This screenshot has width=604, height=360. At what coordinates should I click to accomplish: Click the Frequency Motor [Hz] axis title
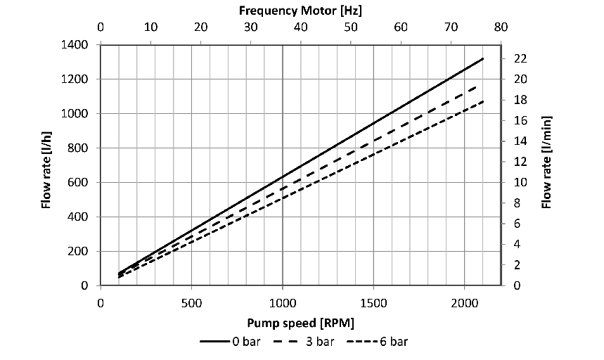300,11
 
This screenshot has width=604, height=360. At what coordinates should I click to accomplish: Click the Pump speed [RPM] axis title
300,323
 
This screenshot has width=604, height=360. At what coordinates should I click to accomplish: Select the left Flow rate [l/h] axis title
46,166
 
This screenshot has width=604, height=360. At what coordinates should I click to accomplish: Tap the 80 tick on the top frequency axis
501,28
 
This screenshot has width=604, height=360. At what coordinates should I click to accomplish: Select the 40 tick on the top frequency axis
300,28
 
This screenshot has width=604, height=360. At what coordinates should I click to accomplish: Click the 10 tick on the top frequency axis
150,28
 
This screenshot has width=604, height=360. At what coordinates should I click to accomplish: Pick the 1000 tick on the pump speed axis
282,302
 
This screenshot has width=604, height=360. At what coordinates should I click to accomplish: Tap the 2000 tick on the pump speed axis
464,302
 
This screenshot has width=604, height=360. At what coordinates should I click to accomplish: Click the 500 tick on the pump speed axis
191,302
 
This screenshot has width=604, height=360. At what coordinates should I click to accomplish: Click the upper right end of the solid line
482,58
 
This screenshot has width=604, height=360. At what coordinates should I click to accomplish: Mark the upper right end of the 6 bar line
482,101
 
